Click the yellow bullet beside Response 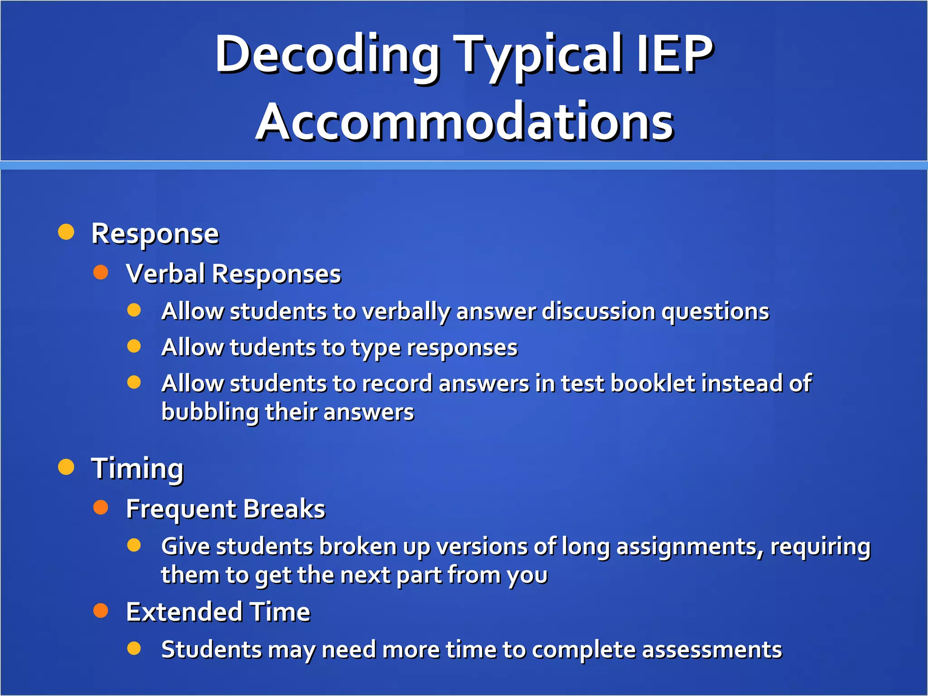coord(66,232)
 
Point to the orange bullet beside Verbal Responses coord(101,272)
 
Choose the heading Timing coord(137,468)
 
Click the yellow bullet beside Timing coord(66,467)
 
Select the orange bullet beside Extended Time coord(101,610)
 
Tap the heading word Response coord(155,234)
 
